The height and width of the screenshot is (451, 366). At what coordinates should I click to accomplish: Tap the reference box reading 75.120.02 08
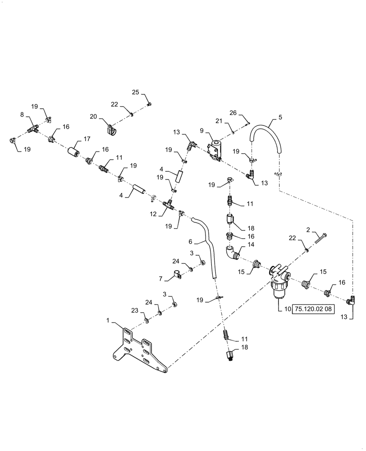click(314, 309)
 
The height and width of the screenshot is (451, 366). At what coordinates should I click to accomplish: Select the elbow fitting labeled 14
click(231, 253)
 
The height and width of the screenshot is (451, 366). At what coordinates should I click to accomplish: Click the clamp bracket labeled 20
click(110, 129)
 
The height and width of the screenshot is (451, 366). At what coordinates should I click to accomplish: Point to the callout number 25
click(135, 92)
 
